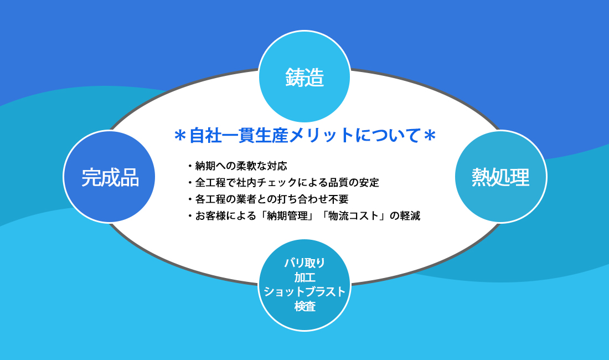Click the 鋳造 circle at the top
pos(304,76)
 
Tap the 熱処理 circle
pos(500,177)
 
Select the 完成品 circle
pos(109,177)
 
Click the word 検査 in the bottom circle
pos(305,306)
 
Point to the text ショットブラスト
pos(304,292)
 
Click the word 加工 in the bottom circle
pos(305,277)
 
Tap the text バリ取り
pos(305,263)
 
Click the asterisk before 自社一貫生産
pos(180,136)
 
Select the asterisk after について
pos(430,136)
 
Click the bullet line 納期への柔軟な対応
pos(241,166)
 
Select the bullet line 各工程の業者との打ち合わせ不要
pos(271,199)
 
